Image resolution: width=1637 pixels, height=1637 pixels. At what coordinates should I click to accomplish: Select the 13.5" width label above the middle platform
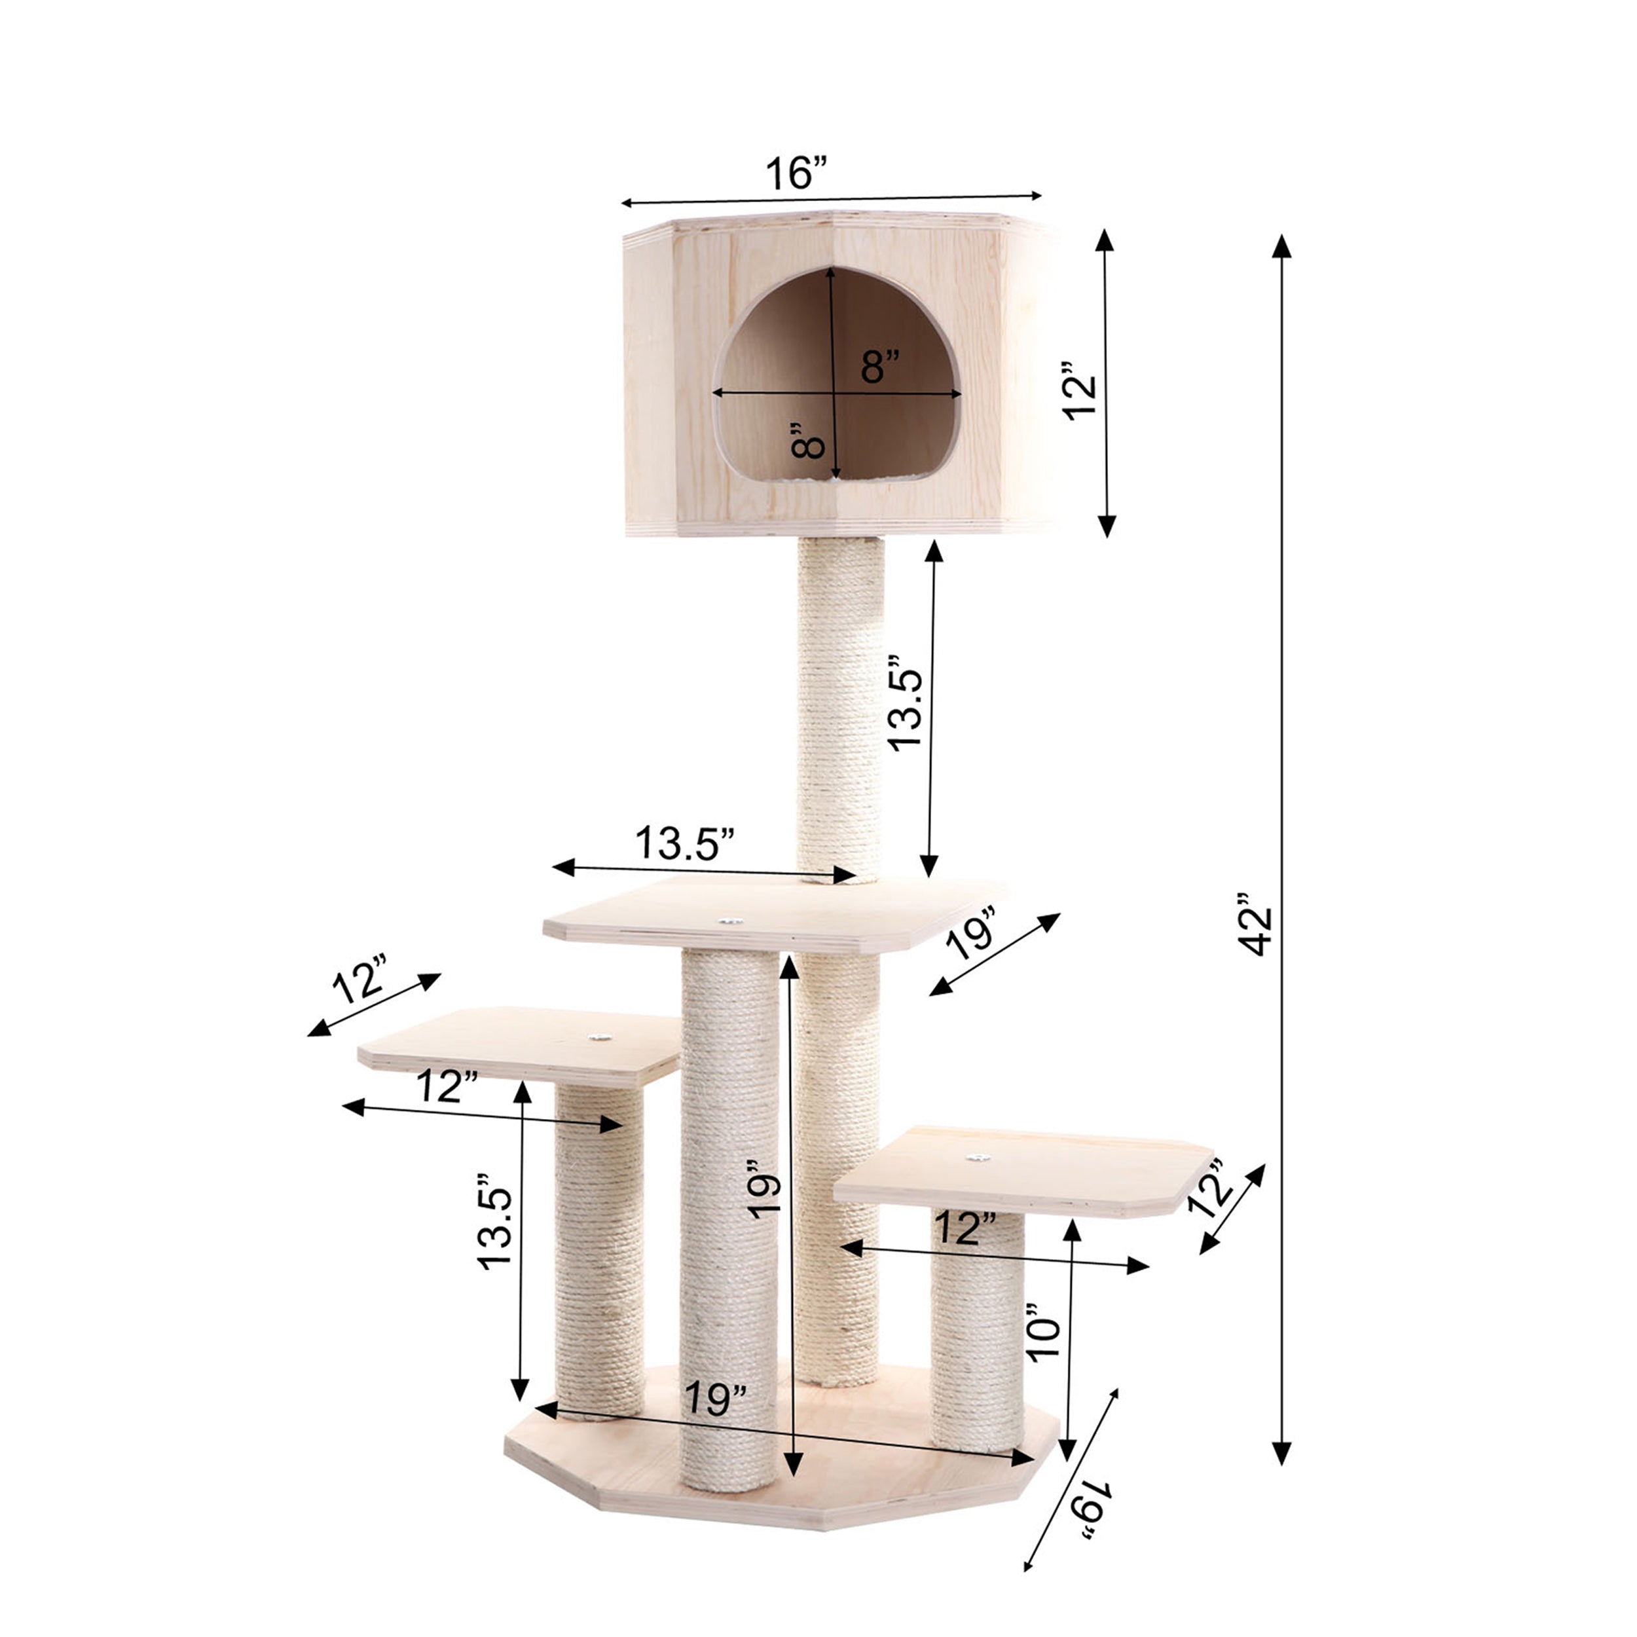click(x=685, y=843)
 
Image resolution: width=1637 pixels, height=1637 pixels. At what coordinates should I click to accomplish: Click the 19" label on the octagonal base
click(x=716, y=1398)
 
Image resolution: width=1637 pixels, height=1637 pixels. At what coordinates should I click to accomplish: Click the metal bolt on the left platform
click(x=600, y=1037)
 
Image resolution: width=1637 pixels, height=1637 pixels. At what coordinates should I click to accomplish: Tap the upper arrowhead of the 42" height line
click(x=1282, y=247)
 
